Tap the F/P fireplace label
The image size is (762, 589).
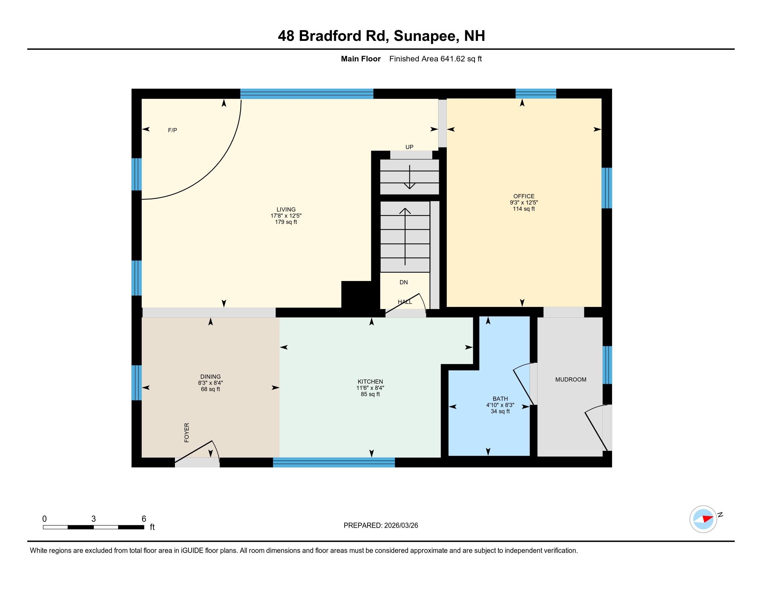(x=172, y=130)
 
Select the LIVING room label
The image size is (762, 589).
(x=286, y=209)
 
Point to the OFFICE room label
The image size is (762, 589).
(x=524, y=196)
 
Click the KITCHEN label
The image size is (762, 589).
(x=370, y=381)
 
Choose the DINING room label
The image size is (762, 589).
(x=210, y=377)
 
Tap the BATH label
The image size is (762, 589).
(x=500, y=398)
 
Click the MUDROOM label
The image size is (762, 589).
(x=571, y=379)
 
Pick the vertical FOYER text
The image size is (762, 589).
(x=187, y=433)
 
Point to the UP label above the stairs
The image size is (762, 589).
(x=409, y=147)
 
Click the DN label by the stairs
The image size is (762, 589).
(x=404, y=282)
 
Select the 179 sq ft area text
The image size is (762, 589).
(x=286, y=222)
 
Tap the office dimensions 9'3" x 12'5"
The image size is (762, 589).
(x=524, y=202)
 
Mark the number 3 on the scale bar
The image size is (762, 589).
(x=94, y=519)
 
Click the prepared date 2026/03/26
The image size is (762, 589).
(x=401, y=526)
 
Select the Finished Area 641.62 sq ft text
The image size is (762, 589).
(x=435, y=59)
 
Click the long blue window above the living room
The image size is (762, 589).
(x=307, y=94)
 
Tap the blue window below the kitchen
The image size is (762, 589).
(x=334, y=462)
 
